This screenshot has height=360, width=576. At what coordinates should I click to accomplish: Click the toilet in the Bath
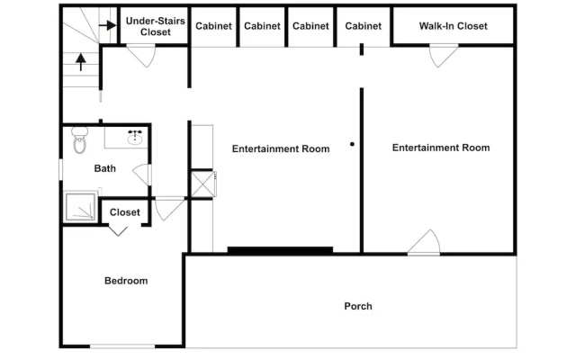point(79,139)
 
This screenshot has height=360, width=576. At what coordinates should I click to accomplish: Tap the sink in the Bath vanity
point(135,139)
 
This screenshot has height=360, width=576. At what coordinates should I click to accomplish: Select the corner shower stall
point(80,207)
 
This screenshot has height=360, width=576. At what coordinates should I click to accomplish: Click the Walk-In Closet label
point(453,26)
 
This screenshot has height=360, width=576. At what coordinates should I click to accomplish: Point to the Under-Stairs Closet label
point(156,26)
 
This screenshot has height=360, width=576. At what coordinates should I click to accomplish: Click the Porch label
point(358,306)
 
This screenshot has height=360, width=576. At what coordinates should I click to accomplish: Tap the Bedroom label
point(126,281)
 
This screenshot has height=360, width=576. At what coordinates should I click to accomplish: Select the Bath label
point(105,168)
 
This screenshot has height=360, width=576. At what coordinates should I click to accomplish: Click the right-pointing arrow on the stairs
point(107,25)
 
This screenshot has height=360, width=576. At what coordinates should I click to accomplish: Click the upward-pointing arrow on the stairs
point(81,62)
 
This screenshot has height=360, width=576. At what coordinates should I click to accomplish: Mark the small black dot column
point(352,144)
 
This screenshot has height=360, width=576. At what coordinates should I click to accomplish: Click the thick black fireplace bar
point(280,250)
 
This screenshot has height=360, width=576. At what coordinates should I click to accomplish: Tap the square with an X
point(202,184)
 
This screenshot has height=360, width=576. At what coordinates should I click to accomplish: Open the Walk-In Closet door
point(444,56)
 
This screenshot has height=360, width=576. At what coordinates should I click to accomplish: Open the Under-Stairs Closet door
point(141,56)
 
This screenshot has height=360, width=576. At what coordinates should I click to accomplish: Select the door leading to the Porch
point(424,242)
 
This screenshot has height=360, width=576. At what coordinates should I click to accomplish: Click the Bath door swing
point(142,175)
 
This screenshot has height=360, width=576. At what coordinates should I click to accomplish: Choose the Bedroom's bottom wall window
point(122,346)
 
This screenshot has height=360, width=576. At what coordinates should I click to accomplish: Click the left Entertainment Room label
point(281,148)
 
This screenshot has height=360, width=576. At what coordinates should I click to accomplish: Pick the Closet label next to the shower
point(125,212)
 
